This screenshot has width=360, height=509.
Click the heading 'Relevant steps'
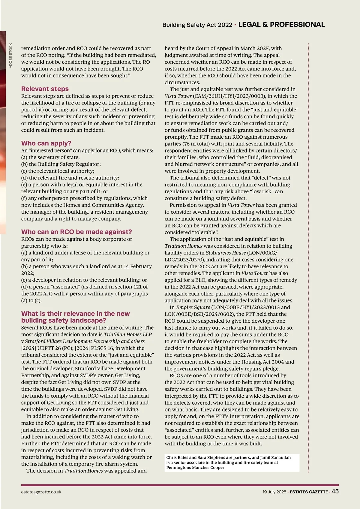45,89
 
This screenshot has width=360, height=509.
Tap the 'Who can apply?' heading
46,143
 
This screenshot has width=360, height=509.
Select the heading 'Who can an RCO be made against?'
76,232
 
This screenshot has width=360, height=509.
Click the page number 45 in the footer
335,491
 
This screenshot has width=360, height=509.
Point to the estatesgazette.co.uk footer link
41,492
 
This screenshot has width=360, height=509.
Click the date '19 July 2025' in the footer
274,492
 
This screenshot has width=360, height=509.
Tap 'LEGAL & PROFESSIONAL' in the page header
281,25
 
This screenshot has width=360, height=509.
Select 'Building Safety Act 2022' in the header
197,25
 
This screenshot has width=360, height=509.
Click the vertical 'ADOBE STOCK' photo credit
11,56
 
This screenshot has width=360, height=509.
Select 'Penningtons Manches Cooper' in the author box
195,468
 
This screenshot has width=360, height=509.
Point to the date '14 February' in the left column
137,267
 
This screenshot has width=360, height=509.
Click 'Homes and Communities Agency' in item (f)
103,205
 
